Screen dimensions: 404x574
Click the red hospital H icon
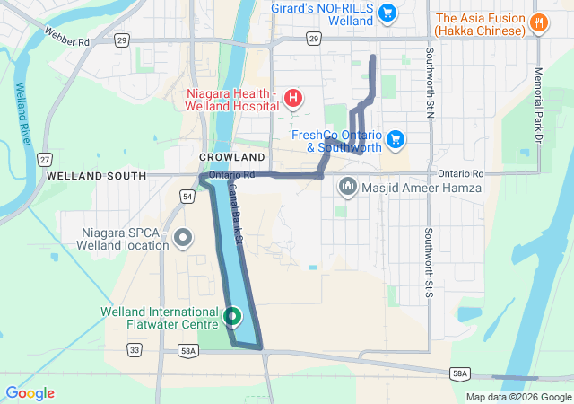tap(292, 97)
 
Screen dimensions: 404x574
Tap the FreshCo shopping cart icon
tap(396, 139)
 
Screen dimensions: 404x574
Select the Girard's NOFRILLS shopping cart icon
tap(387, 13)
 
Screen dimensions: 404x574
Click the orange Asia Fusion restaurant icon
tap(539, 23)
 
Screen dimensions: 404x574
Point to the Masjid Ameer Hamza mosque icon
tap(348, 188)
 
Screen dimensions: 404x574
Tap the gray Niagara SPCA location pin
tap(184, 238)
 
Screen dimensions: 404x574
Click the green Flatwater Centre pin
tap(232, 316)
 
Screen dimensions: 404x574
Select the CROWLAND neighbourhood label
tap(231, 157)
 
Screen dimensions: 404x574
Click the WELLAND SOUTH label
tap(95, 176)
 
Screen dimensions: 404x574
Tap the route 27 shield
tap(45, 159)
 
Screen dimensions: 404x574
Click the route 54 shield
tap(187, 196)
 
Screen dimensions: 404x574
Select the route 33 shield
tap(135, 350)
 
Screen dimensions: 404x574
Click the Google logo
tap(30, 393)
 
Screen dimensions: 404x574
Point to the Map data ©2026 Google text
tap(518, 397)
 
